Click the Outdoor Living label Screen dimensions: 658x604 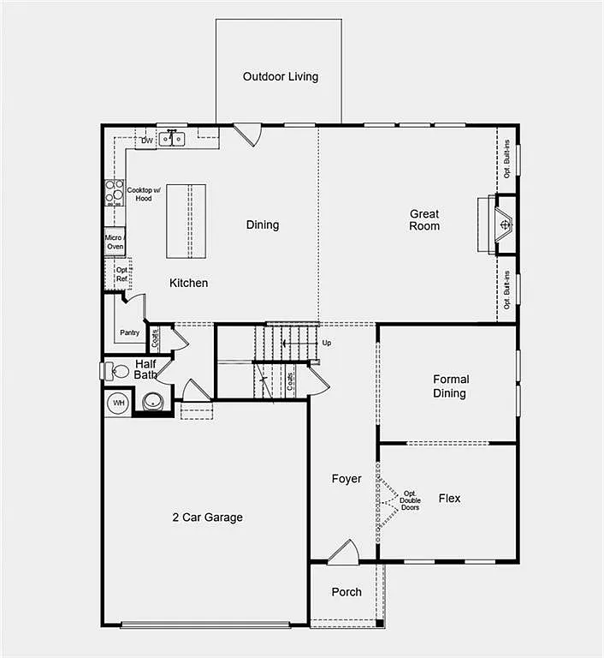click(x=280, y=76)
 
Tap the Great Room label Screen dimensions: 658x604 click(x=424, y=220)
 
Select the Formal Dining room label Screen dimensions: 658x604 click(x=449, y=386)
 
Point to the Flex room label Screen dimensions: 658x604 click(x=449, y=498)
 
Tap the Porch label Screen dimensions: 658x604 click(x=346, y=592)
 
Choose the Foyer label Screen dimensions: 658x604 click(x=346, y=479)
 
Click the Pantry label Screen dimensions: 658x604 click(x=129, y=332)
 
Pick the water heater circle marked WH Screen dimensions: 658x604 click(x=118, y=403)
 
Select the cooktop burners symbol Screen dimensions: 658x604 click(x=114, y=193)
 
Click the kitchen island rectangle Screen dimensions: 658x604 click(x=188, y=221)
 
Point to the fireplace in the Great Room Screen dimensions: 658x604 click(x=505, y=224)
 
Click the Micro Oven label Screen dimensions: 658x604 click(x=115, y=242)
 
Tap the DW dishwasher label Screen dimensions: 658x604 click(x=147, y=141)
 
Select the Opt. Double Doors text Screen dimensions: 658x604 click(x=411, y=500)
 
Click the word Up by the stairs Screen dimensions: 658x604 click(x=326, y=343)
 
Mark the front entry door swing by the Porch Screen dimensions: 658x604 click(x=343, y=553)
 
